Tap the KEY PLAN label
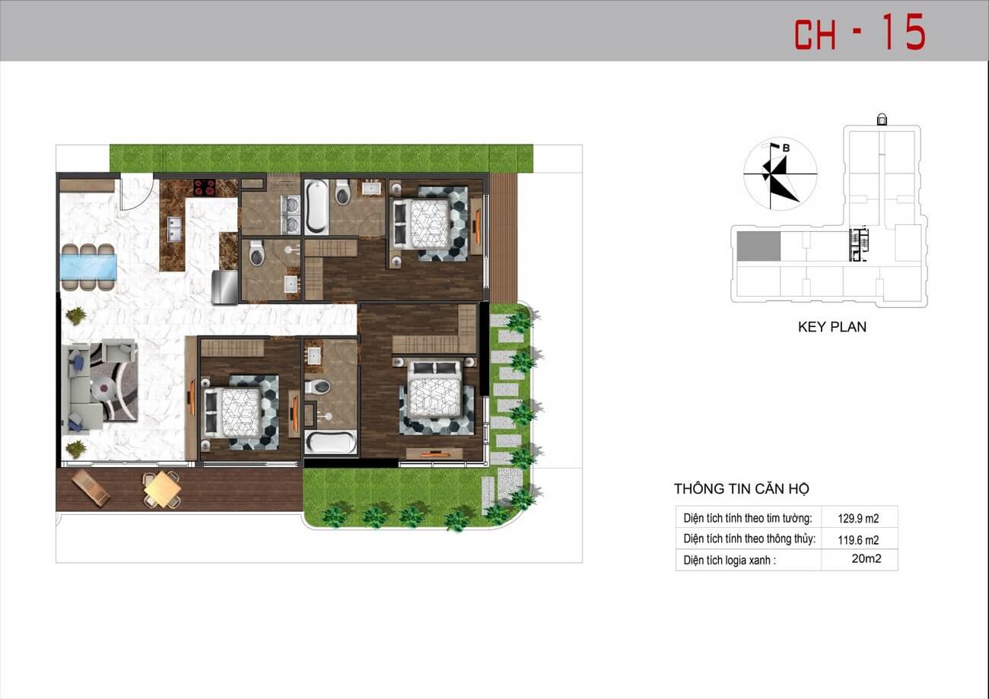[x=832, y=327]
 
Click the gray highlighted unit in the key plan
[x=758, y=246]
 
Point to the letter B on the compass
[x=785, y=149]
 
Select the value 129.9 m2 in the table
[x=858, y=518]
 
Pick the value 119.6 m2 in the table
[x=858, y=540]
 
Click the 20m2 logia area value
[x=867, y=559]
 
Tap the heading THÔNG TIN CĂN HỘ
[x=741, y=488]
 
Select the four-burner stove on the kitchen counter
[x=205, y=187]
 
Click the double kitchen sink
[x=175, y=229]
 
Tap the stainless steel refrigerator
[x=225, y=287]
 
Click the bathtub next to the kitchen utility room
[x=316, y=205]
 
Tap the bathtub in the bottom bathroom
[x=330, y=442]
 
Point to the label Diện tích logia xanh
[x=730, y=560]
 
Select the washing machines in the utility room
[x=291, y=215]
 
